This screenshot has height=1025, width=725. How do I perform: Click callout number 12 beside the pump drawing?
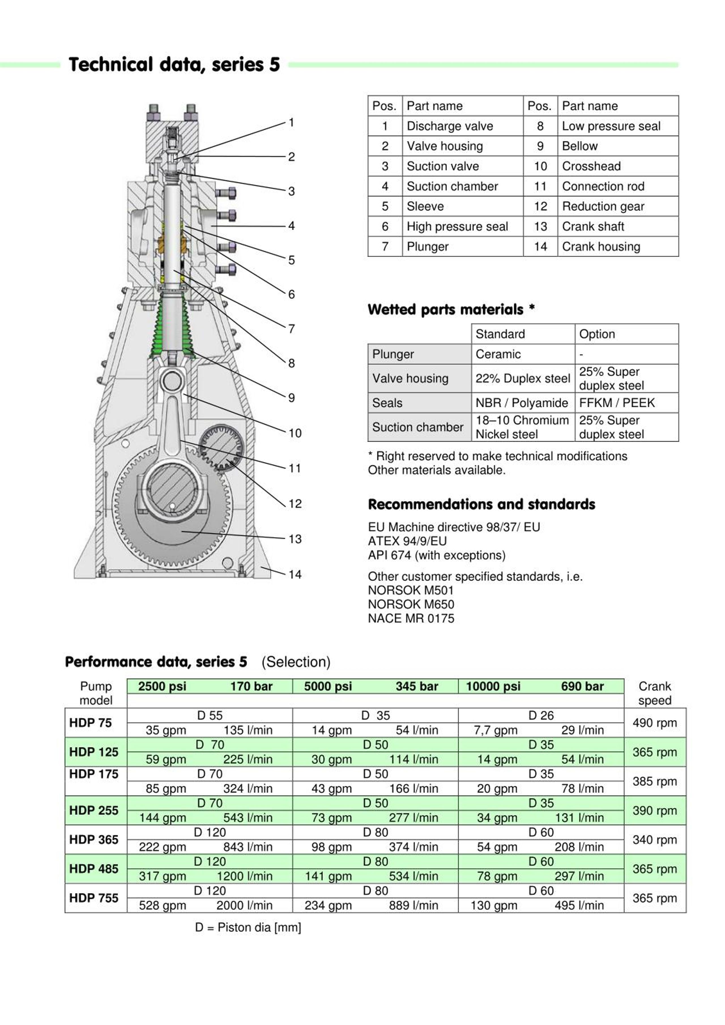pos(295,504)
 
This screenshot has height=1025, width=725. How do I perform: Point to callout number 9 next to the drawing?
pos(291,397)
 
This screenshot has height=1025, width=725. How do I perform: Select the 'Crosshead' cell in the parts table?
pos(591,166)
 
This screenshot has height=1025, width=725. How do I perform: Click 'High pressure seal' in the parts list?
pos(457,226)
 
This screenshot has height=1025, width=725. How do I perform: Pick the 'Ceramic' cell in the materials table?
pos(498,354)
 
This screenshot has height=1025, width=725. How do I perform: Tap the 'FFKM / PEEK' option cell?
pos(617,403)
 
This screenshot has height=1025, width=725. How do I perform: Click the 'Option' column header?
pos(597,334)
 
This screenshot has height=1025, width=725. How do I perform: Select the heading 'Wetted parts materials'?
pos(445,309)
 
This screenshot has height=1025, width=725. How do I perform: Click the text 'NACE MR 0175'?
pos(411,618)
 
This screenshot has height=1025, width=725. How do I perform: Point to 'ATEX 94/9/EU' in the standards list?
pos(407,541)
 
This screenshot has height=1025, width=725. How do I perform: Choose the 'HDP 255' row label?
pos(94,810)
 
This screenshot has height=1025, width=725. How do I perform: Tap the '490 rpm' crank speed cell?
pos(654,723)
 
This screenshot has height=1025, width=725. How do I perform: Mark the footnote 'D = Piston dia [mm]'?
pos(248,927)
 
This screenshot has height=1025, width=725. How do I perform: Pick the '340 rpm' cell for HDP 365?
pos(654,840)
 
